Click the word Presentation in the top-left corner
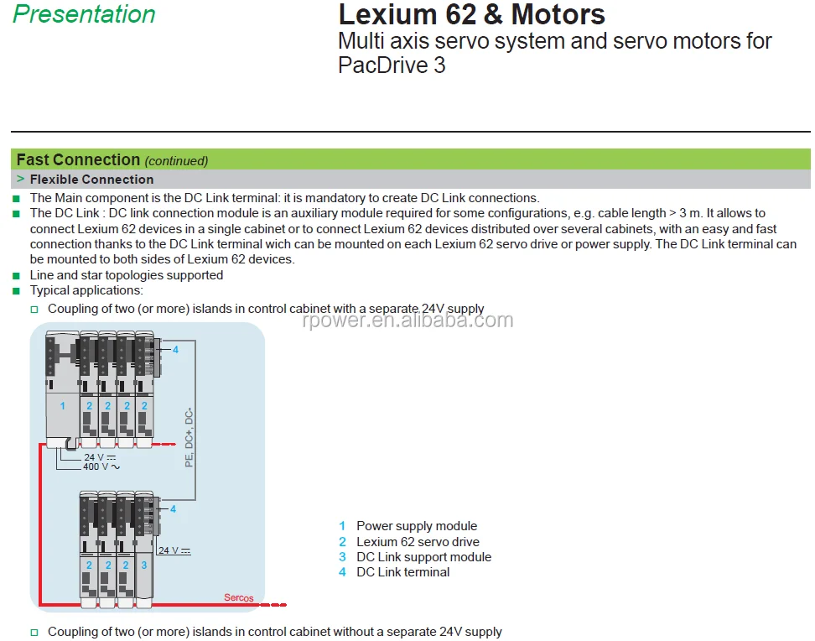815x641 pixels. click(84, 14)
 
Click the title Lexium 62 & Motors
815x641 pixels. click(471, 14)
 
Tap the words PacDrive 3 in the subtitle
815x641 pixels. click(392, 65)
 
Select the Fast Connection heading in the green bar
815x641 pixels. click(78, 159)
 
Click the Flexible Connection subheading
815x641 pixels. click(91, 179)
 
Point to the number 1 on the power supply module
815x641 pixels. click(62, 405)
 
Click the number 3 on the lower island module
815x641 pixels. click(143, 565)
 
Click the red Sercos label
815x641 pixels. click(238, 597)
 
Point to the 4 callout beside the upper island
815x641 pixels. click(175, 349)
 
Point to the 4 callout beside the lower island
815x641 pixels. click(173, 508)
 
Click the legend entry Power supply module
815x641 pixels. click(416, 526)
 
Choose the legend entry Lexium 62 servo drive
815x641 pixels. click(418, 542)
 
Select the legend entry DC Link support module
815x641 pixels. click(423, 557)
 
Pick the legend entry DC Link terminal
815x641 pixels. click(402, 572)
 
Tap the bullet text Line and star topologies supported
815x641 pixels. click(126, 275)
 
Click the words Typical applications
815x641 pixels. click(86, 290)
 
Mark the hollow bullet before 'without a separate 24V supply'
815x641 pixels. click(35, 632)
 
